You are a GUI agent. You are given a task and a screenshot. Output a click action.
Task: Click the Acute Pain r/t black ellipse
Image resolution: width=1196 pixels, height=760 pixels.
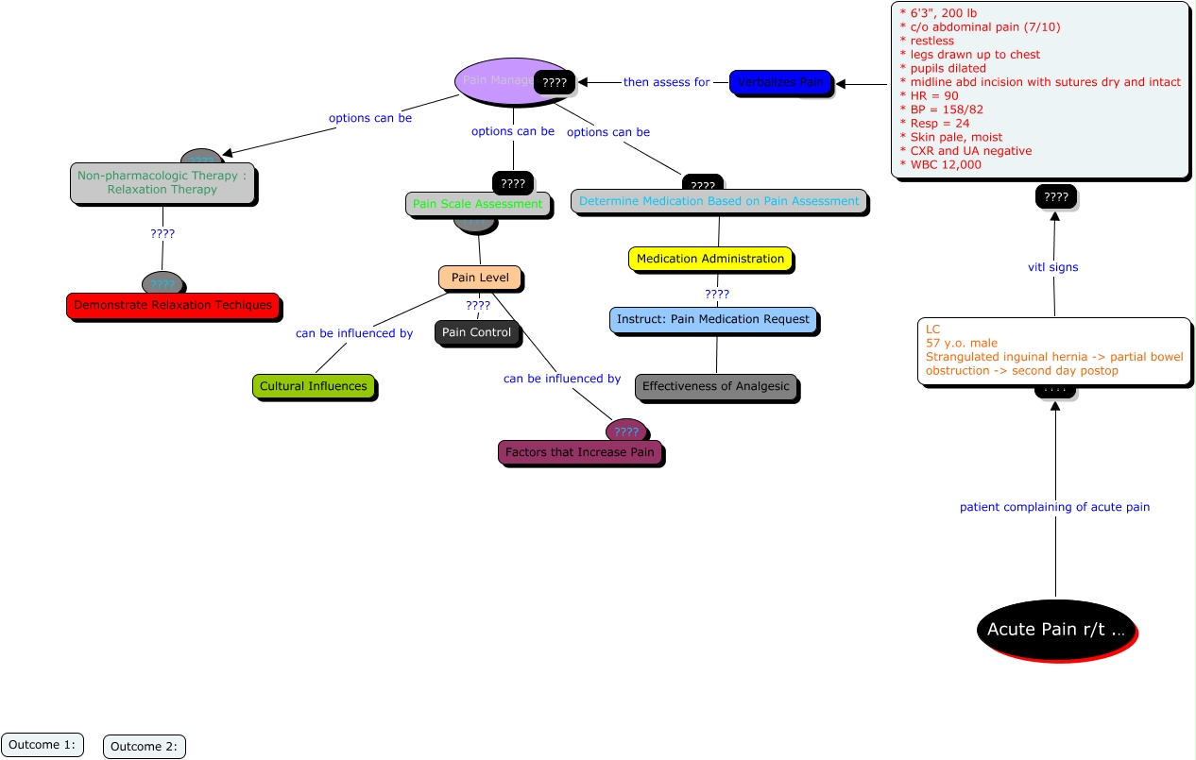[x=1055, y=629]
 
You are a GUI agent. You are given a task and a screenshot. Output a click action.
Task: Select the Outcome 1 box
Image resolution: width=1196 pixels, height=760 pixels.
[x=43, y=745]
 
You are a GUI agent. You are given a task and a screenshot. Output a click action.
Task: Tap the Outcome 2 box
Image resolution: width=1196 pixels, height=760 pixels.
[x=144, y=747]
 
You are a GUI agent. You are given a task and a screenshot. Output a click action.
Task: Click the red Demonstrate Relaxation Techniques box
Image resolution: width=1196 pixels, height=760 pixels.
[x=173, y=306]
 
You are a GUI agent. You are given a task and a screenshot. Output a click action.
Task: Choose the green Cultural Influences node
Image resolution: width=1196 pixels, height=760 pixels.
[x=314, y=386]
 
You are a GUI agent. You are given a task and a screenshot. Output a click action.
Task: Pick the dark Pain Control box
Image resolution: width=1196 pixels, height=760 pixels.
[x=476, y=332]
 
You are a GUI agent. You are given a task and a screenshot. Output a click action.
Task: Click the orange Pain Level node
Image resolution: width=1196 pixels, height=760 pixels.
[x=480, y=278]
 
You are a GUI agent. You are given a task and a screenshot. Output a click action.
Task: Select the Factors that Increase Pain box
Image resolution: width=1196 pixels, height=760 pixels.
[x=579, y=453]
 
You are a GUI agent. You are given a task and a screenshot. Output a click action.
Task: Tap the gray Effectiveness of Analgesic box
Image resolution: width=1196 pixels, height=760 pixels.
[x=715, y=386]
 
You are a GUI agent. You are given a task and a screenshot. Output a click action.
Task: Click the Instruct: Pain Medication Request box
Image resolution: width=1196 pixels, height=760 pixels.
[x=713, y=320]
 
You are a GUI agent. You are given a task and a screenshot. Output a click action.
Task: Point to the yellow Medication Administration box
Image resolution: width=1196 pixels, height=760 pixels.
[x=710, y=259]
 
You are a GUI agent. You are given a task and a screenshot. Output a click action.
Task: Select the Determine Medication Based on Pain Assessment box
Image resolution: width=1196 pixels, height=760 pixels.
[x=719, y=201]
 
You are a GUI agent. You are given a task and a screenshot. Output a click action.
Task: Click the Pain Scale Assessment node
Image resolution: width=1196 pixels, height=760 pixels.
[x=478, y=204]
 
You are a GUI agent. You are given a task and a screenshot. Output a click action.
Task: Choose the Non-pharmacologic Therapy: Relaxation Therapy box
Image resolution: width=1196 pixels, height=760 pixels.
[x=162, y=183]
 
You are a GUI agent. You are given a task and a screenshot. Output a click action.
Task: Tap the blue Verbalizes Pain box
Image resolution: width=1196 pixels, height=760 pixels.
[x=780, y=82]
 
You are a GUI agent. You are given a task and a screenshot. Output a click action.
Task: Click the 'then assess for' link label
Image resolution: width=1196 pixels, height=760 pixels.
[x=666, y=82]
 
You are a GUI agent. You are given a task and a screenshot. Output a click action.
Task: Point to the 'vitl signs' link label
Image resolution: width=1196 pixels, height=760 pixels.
[x=1052, y=267]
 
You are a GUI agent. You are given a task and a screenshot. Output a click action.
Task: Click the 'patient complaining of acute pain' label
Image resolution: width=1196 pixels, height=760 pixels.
[x=1054, y=507]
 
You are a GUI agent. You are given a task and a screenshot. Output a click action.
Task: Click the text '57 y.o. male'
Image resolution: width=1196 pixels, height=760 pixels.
[x=962, y=343]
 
